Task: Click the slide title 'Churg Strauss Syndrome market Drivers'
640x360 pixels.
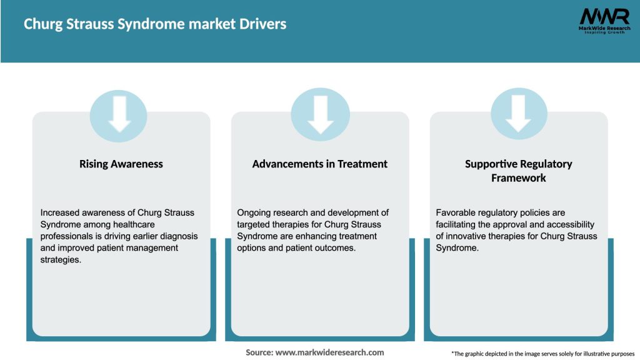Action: click(x=155, y=24)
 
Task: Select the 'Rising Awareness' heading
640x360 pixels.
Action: click(x=121, y=164)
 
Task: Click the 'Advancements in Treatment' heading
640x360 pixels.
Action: click(x=320, y=164)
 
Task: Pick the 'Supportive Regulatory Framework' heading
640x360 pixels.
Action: click(x=518, y=171)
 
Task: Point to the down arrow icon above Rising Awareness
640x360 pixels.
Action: click(x=119, y=115)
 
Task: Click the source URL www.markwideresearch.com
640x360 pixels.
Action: click(x=331, y=352)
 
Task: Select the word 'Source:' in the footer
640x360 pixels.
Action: click(x=259, y=352)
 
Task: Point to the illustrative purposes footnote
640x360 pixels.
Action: click(x=542, y=354)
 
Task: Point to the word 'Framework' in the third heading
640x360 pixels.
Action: click(x=518, y=178)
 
